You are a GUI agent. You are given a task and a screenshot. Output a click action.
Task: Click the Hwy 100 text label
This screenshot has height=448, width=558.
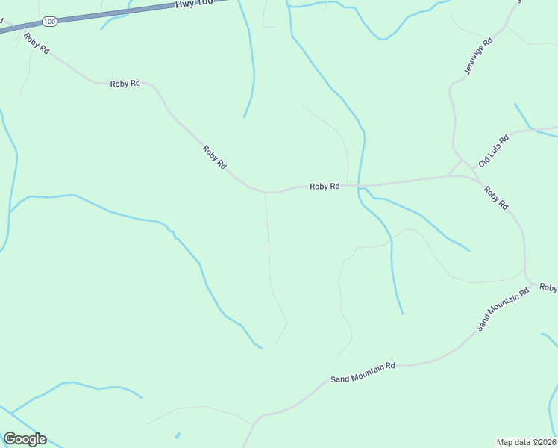click(194, 4)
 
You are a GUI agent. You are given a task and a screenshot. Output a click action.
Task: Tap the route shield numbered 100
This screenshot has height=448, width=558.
click(50, 22)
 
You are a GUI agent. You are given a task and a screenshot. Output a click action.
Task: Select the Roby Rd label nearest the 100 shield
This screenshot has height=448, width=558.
click(35, 43)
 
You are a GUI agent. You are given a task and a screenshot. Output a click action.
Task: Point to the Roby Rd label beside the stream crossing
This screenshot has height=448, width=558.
click(325, 187)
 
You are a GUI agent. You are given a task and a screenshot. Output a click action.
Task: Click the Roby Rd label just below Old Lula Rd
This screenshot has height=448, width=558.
click(495, 198)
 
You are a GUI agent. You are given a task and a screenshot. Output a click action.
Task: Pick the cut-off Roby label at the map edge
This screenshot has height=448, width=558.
click(548, 287)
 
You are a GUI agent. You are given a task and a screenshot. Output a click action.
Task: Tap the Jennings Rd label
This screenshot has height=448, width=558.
click(479, 57)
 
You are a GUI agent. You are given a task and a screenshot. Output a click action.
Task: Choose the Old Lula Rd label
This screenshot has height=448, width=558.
click(493, 150)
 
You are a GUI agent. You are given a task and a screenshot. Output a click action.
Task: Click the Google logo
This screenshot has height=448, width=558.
click(25, 439)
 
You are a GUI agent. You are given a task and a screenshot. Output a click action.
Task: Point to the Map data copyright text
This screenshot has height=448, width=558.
click(527, 442)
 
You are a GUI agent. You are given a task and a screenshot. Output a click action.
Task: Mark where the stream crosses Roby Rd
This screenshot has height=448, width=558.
click(360, 185)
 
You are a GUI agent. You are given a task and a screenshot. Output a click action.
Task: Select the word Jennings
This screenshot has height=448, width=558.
click(476, 60)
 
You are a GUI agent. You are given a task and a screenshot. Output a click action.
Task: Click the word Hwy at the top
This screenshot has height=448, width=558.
click(184, 4)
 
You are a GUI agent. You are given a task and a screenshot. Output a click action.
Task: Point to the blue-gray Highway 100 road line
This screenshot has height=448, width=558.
click(112, 14)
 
